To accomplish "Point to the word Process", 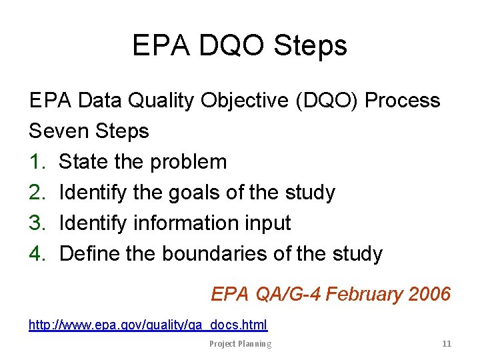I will tap(403, 101).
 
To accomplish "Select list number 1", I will tap(37, 162).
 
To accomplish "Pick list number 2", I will tap(37, 193).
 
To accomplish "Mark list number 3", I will tap(37, 223).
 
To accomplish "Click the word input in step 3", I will tap(267, 223).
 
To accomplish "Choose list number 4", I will tap(37, 254).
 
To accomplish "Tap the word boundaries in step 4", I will tap(211, 254).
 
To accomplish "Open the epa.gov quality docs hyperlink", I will tap(148, 325).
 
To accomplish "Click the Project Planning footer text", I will tap(240, 344).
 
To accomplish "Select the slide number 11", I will tap(447, 344).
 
